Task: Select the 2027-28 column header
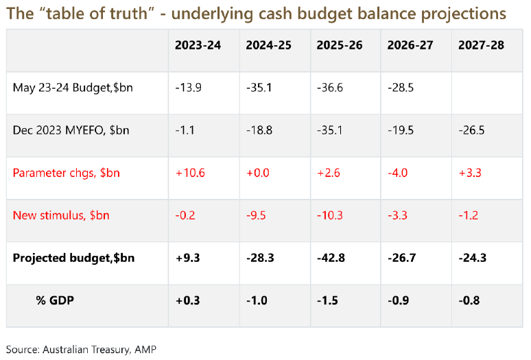click(x=481, y=45)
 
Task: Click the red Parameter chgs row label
click(x=66, y=173)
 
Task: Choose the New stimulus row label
click(x=60, y=215)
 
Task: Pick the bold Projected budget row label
click(x=73, y=258)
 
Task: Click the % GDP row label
click(x=55, y=300)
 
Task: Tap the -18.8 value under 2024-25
click(x=259, y=130)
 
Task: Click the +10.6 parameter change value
click(x=189, y=173)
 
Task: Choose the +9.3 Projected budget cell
click(x=187, y=258)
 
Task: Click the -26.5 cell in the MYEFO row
click(x=472, y=130)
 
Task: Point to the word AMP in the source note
click(x=145, y=350)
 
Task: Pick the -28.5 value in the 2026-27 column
click(x=401, y=87)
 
